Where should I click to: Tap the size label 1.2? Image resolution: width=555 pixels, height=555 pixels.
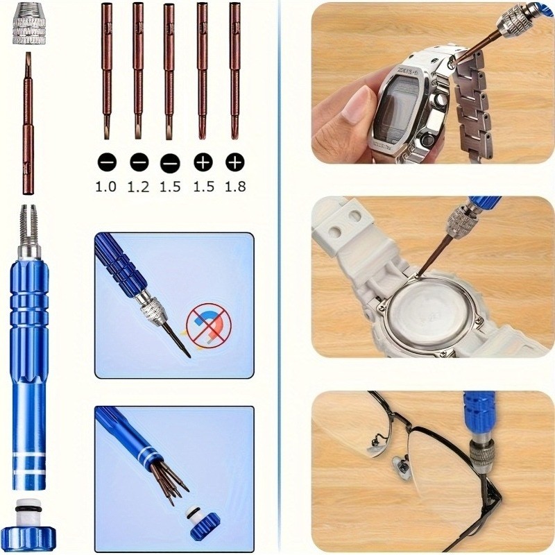coord(139,186)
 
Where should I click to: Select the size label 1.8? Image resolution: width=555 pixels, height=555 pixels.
coord(235,186)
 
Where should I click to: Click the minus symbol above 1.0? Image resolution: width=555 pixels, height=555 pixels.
coord(107,162)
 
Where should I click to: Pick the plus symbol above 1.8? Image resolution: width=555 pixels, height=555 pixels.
coord(235,162)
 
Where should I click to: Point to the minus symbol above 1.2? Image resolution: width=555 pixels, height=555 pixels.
coord(139,162)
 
